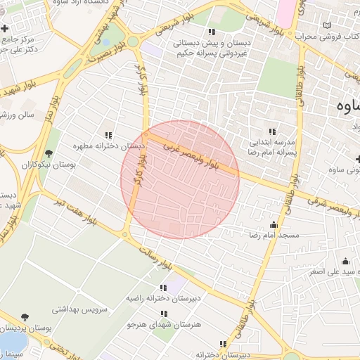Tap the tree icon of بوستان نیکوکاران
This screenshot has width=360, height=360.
(x=49, y=153)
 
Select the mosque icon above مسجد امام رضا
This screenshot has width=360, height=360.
(x=274, y=224)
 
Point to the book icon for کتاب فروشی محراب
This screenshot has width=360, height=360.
(x=326, y=26)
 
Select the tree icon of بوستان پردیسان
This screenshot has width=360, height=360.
(x=25, y=318)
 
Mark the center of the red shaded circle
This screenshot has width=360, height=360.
(x=180, y=179)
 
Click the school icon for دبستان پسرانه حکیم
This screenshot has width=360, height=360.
(x=211, y=31)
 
